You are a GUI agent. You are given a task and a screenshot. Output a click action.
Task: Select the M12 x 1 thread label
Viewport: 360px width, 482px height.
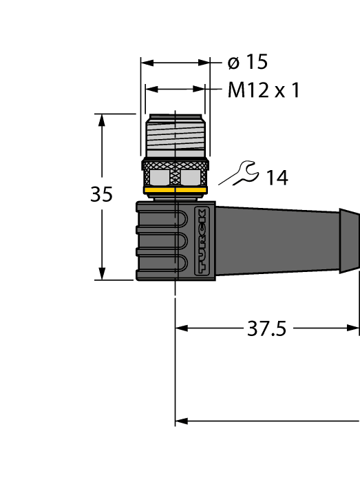coord(264,90)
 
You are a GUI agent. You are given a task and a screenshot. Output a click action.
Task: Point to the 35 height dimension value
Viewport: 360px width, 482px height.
coord(101,196)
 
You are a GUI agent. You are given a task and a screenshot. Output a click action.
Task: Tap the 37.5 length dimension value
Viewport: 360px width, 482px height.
coord(266,329)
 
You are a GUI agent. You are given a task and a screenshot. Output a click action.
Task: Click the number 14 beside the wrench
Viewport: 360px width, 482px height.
coord(277,178)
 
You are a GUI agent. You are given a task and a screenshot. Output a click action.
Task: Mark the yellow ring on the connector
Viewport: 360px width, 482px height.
coord(175,190)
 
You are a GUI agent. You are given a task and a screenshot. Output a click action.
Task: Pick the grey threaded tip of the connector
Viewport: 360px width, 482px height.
coord(176,134)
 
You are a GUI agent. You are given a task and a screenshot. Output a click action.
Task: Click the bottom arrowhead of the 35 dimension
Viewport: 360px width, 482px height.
coord(102,273)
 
